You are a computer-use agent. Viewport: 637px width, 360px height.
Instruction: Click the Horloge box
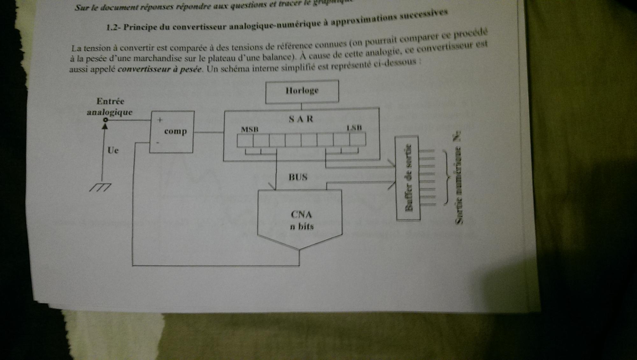[302, 91]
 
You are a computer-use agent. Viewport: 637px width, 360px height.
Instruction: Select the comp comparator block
[172, 131]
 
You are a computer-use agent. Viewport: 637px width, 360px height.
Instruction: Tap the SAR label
[301, 119]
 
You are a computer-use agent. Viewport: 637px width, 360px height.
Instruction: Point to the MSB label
[250, 130]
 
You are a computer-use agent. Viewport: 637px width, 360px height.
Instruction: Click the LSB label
[354, 128]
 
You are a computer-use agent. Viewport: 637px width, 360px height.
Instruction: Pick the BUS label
[298, 177]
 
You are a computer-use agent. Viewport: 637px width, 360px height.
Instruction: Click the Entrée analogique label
[110, 106]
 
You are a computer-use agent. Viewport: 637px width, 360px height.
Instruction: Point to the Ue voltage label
[113, 150]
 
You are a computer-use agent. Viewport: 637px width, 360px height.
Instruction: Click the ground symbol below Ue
[100, 187]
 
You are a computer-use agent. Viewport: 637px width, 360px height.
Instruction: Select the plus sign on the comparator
[160, 120]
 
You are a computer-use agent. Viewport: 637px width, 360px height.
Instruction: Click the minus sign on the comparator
[158, 143]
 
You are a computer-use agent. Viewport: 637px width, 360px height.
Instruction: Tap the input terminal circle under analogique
[105, 120]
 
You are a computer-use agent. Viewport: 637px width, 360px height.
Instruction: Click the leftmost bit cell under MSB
[245, 140]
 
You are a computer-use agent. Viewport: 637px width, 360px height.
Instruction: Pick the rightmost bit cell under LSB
[358, 139]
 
